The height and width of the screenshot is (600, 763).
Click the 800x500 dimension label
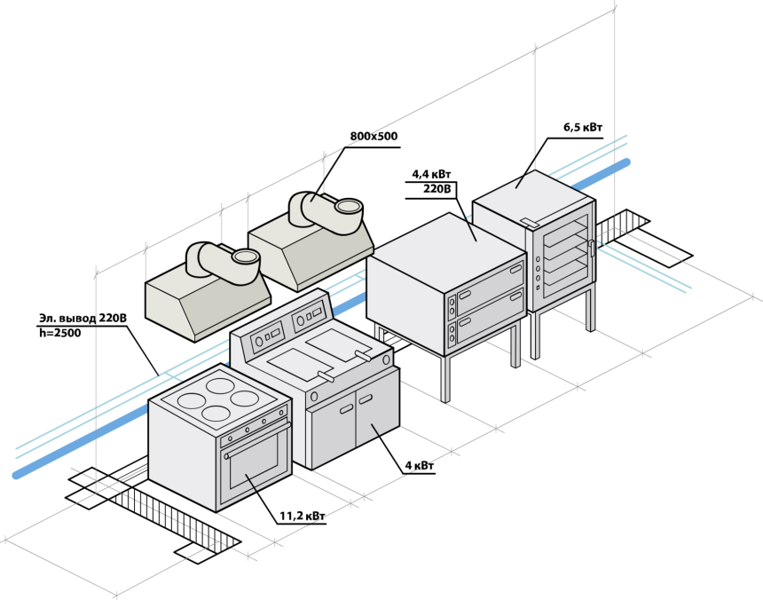click(x=374, y=137)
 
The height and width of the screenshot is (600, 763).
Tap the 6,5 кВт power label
click(x=583, y=128)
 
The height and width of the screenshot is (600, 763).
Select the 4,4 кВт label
click(x=431, y=174)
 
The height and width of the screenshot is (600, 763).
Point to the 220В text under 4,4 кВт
click(x=437, y=189)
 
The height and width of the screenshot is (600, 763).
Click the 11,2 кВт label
click(x=303, y=516)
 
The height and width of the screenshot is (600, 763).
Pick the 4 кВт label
click(x=420, y=466)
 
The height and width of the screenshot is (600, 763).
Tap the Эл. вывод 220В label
click(x=83, y=319)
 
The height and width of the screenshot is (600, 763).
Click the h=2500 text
click(x=59, y=334)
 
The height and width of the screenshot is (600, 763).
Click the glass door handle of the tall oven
click(x=592, y=249)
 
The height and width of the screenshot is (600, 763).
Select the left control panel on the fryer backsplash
click(x=268, y=336)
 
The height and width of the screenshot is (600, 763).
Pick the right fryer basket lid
click(x=337, y=343)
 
